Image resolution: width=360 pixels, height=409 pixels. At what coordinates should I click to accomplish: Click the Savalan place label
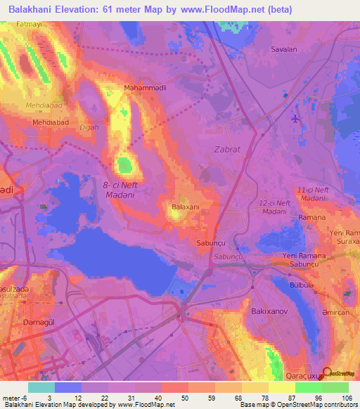pos(285,49)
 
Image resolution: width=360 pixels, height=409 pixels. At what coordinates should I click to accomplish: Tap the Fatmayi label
pos(22,25)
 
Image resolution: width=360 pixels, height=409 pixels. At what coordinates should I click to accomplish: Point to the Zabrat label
pos(226,149)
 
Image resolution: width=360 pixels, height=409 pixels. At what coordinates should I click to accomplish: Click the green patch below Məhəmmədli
pos(125,167)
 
